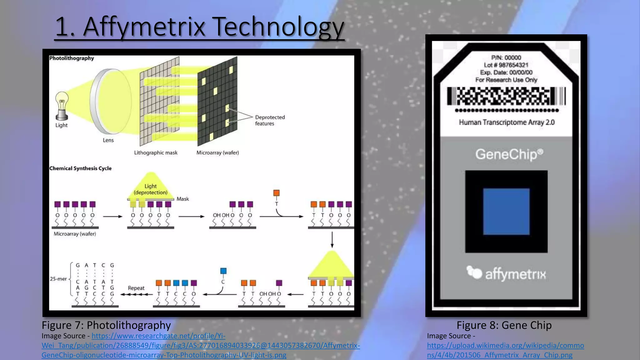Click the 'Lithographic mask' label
[156, 153]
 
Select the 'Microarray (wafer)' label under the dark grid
[217, 153]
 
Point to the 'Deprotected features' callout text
[270, 120]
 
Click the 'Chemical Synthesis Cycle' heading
[80, 168]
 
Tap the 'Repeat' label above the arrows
[136, 288]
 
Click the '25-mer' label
[58, 279]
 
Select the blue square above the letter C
[223, 271]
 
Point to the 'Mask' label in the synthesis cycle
[182, 199]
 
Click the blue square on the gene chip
[506, 212]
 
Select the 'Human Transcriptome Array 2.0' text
[507, 122]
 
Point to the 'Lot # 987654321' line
[506, 65]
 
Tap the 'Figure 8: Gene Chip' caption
[504, 325]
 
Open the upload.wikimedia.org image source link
[505, 350]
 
